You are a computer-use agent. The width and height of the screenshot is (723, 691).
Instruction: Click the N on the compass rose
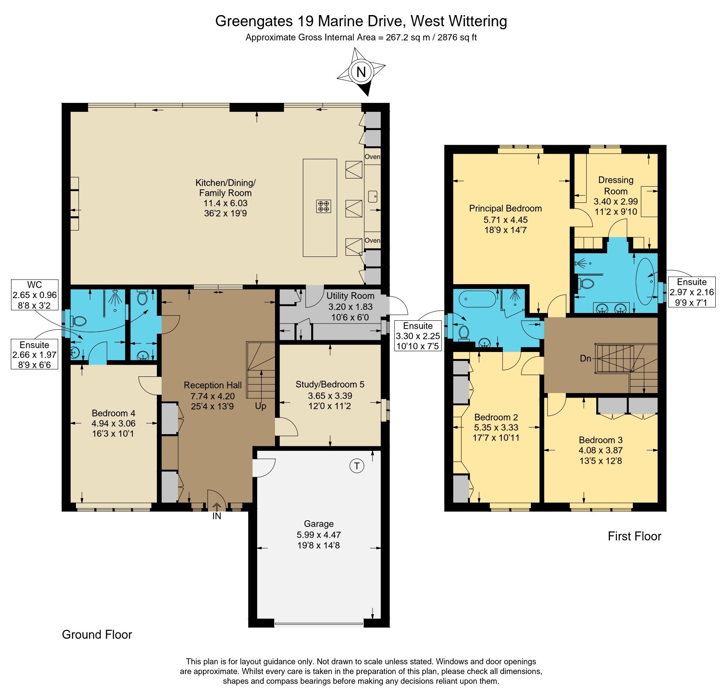(361, 72)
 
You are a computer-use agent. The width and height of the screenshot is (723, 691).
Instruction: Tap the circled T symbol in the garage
(357, 466)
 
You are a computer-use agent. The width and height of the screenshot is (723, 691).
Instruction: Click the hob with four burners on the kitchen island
(324, 206)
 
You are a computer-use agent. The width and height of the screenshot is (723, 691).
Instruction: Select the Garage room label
(319, 524)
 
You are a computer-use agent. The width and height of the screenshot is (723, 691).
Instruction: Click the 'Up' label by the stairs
(261, 406)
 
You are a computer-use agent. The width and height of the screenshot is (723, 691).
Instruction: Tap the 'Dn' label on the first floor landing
(585, 359)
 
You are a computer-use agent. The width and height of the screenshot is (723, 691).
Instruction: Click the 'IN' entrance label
(217, 516)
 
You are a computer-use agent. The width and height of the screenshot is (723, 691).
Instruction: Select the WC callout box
(35, 295)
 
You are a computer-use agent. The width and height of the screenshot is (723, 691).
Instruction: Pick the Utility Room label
(351, 296)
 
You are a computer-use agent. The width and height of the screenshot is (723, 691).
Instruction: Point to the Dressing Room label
(616, 185)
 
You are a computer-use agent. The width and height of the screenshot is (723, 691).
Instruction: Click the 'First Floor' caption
(634, 536)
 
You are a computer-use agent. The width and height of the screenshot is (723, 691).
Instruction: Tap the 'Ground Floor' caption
(97, 635)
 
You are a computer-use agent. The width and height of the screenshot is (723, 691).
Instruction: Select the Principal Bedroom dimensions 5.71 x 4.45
(506, 219)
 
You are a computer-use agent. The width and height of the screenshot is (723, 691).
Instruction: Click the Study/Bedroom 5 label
(330, 384)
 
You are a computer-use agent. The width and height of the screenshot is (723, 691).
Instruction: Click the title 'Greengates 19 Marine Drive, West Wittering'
(361, 21)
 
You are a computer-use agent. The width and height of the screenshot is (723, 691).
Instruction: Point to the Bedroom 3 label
(601, 440)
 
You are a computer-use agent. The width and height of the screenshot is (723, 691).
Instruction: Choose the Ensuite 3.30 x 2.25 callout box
(418, 336)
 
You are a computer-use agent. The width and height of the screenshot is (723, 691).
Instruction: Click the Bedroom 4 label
(113, 413)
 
